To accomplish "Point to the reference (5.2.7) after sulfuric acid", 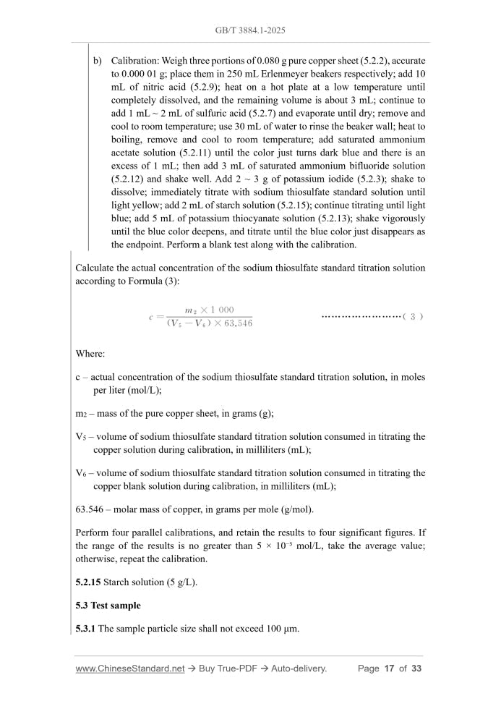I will [x=284, y=113].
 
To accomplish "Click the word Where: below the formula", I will [x=90, y=354].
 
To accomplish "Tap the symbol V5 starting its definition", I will [x=82, y=436].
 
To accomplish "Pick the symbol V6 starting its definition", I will [x=82, y=472].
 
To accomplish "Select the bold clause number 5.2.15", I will [x=88, y=582].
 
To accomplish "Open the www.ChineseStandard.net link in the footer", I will [x=130, y=668].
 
